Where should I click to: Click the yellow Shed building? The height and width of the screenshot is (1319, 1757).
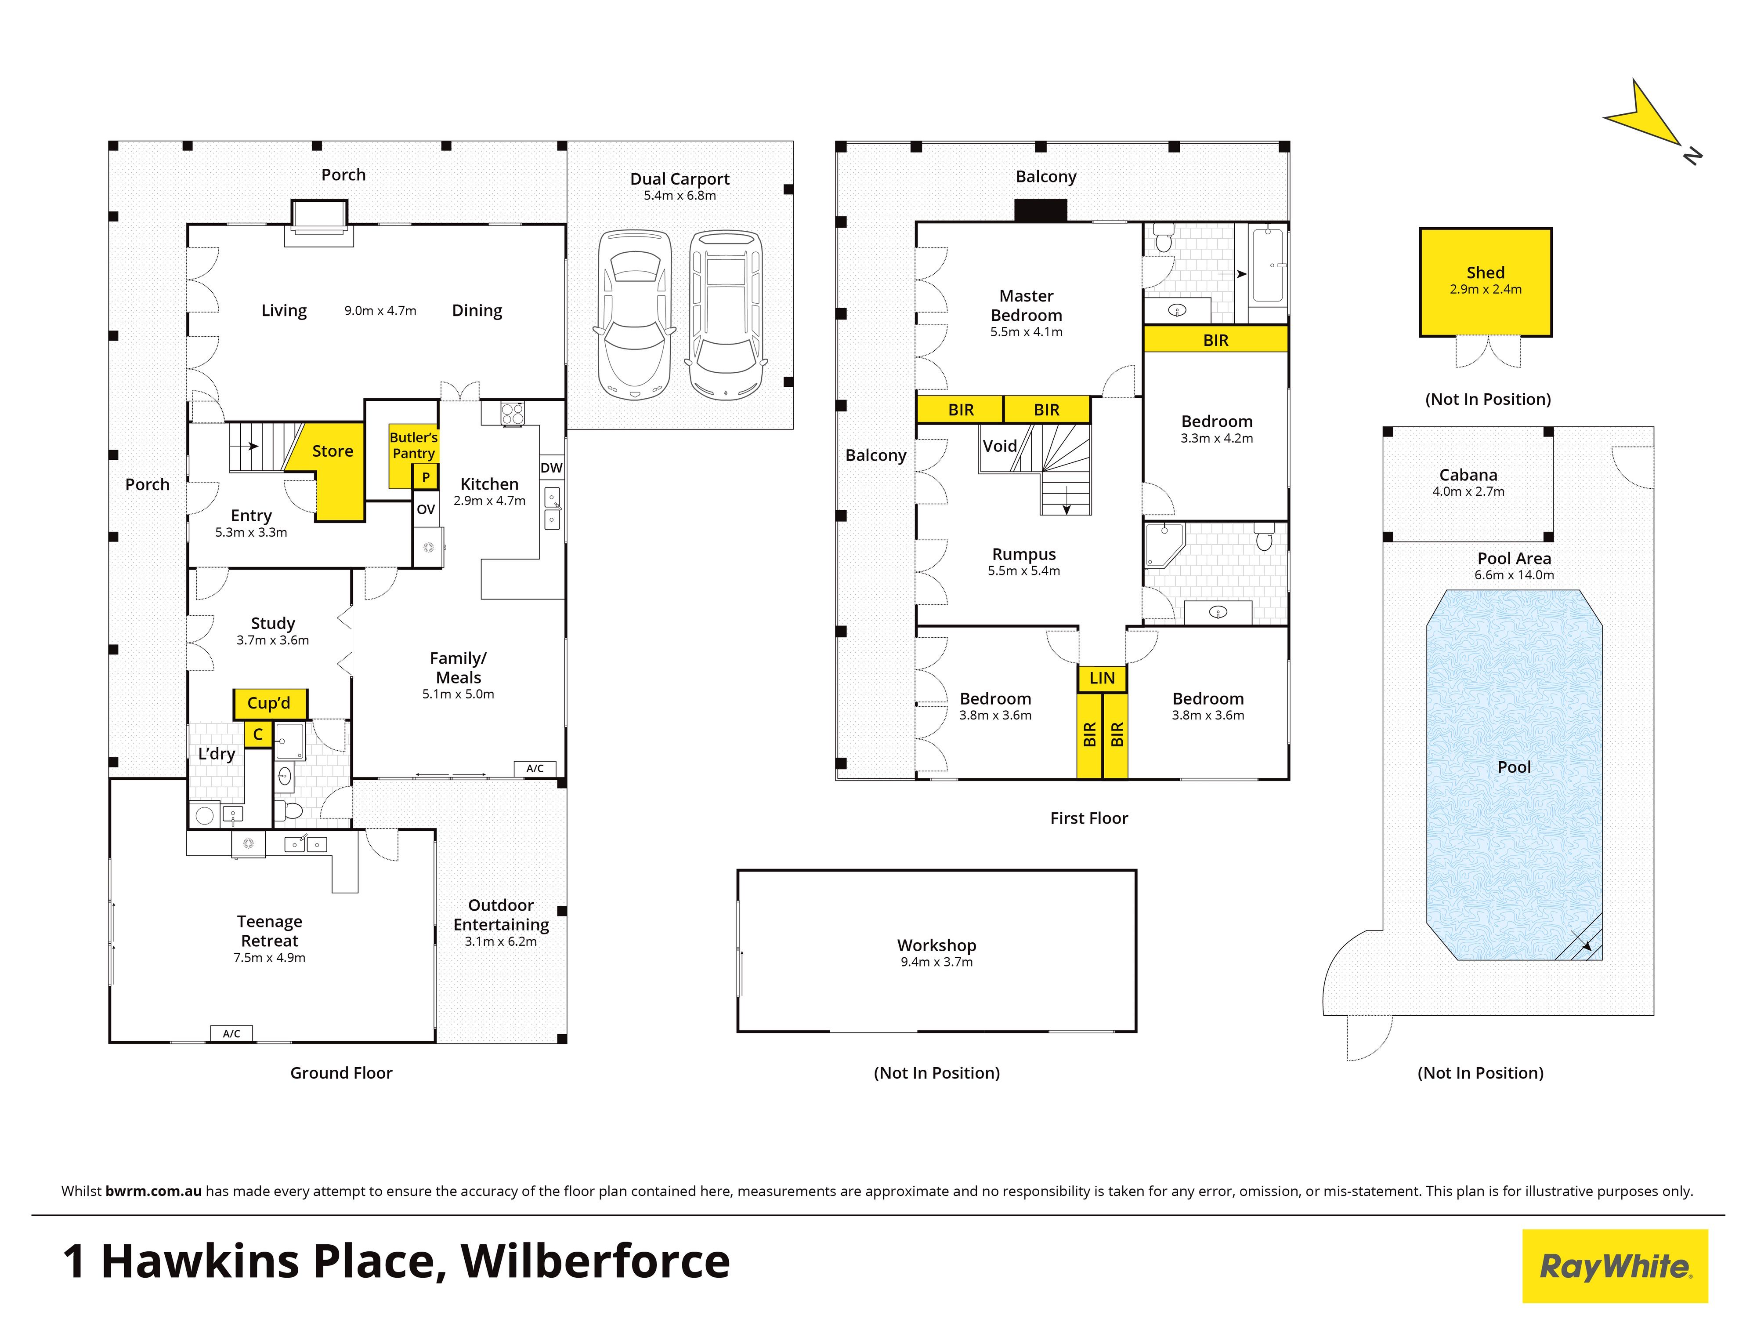click(x=1486, y=282)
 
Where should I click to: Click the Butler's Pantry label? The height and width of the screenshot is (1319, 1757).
click(x=413, y=445)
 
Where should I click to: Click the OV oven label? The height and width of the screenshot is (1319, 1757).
click(x=426, y=509)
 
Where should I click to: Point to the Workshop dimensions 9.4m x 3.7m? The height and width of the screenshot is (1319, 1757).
click(x=936, y=961)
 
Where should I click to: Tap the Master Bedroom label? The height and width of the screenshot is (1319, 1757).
click(x=1026, y=305)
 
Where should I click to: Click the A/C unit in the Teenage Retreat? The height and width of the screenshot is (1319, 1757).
click(x=231, y=1034)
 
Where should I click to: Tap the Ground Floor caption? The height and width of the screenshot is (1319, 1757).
click(x=342, y=1073)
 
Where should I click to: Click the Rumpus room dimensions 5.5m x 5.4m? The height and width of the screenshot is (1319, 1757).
click(x=1024, y=570)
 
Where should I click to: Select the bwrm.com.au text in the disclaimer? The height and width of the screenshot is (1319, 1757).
click(x=153, y=1191)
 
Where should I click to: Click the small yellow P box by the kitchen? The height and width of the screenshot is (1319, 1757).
click(x=426, y=477)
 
